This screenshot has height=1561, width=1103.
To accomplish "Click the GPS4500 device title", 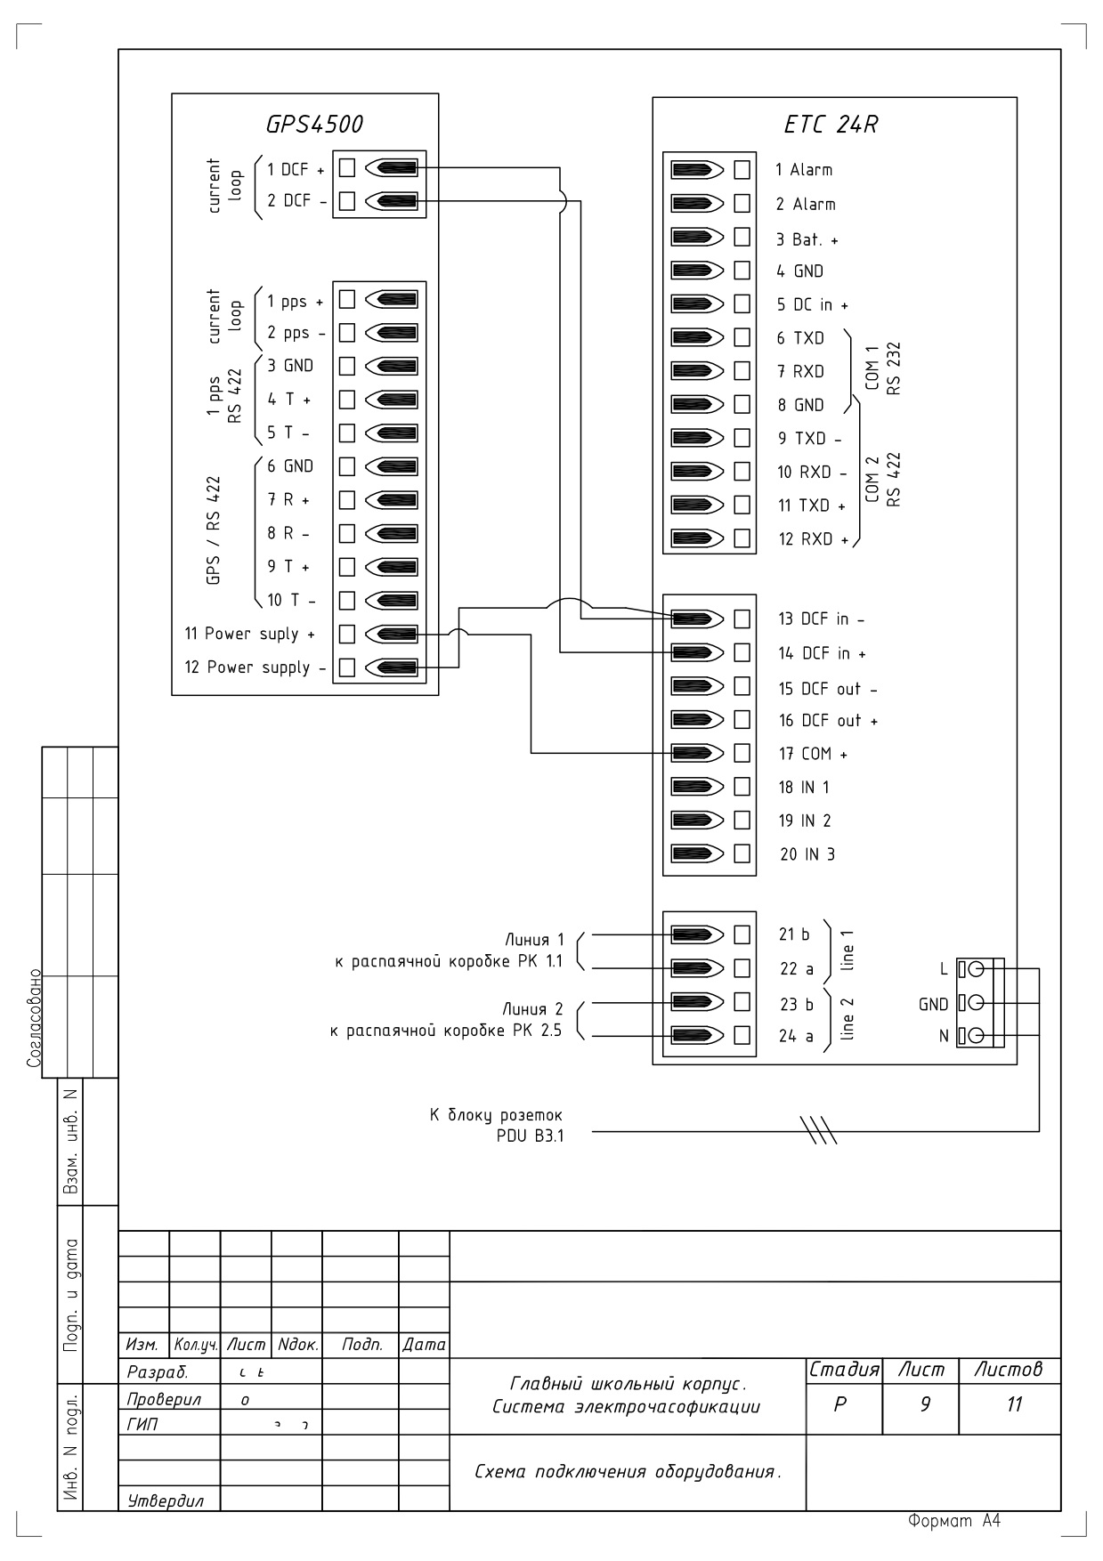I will pyautogui.click(x=314, y=125).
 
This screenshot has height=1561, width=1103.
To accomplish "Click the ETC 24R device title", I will pyautogui.click(x=831, y=125).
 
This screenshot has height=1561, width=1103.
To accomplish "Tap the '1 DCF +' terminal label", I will pyautogui.click(x=296, y=169).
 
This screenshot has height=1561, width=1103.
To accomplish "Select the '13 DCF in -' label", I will pyautogui.click(x=821, y=619).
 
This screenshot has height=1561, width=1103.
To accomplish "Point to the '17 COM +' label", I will pyautogui.click(x=813, y=754).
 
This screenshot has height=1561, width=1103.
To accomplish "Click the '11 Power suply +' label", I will pyautogui.click(x=249, y=634).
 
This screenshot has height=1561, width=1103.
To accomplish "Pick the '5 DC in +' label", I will pyautogui.click(x=812, y=304).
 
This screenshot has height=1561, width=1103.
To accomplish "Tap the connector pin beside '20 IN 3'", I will pyautogui.click(x=697, y=854).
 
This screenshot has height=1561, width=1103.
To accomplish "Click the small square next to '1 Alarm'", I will pyautogui.click(x=742, y=170).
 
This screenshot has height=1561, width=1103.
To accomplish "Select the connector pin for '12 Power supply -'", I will pyautogui.click(x=391, y=667).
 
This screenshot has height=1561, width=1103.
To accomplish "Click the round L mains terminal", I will pyautogui.click(x=977, y=968).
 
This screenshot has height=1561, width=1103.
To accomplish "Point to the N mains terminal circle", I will pyautogui.click(x=977, y=1036).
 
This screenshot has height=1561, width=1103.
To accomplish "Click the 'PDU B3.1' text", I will pyautogui.click(x=530, y=1136).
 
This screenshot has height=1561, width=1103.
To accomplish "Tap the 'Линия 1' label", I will pyautogui.click(x=534, y=940).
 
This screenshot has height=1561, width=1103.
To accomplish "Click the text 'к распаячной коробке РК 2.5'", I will pyautogui.click(x=446, y=1031).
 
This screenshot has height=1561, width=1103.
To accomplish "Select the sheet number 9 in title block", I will pyautogui.click(x=925, y=1404).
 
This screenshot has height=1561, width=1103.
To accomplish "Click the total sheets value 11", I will pyautogui.click(x=1014, y=1404).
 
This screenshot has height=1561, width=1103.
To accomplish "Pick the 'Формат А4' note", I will pyautogui.click(x=954, y=1521).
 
